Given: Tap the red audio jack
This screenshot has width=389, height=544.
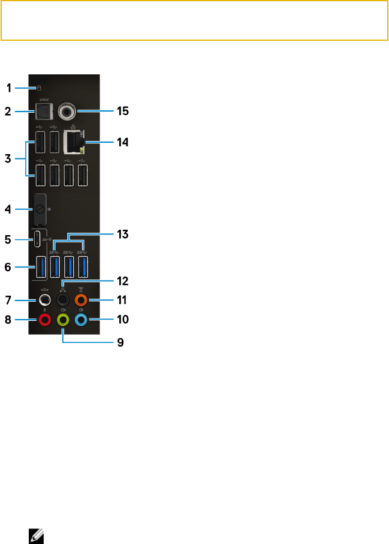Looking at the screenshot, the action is [45, 320].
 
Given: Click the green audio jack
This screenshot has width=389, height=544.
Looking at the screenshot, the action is [63, 320].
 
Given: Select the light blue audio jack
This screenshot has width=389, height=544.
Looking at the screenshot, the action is [82, 320].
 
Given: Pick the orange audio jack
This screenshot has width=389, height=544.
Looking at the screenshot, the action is [82, 299].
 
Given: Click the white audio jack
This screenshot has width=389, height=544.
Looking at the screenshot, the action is [45, 299].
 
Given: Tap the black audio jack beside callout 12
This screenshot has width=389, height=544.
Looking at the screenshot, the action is [63, 299].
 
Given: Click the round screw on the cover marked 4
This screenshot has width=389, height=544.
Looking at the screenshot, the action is [39, 209].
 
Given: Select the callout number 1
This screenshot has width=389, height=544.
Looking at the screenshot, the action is [9, 88].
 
